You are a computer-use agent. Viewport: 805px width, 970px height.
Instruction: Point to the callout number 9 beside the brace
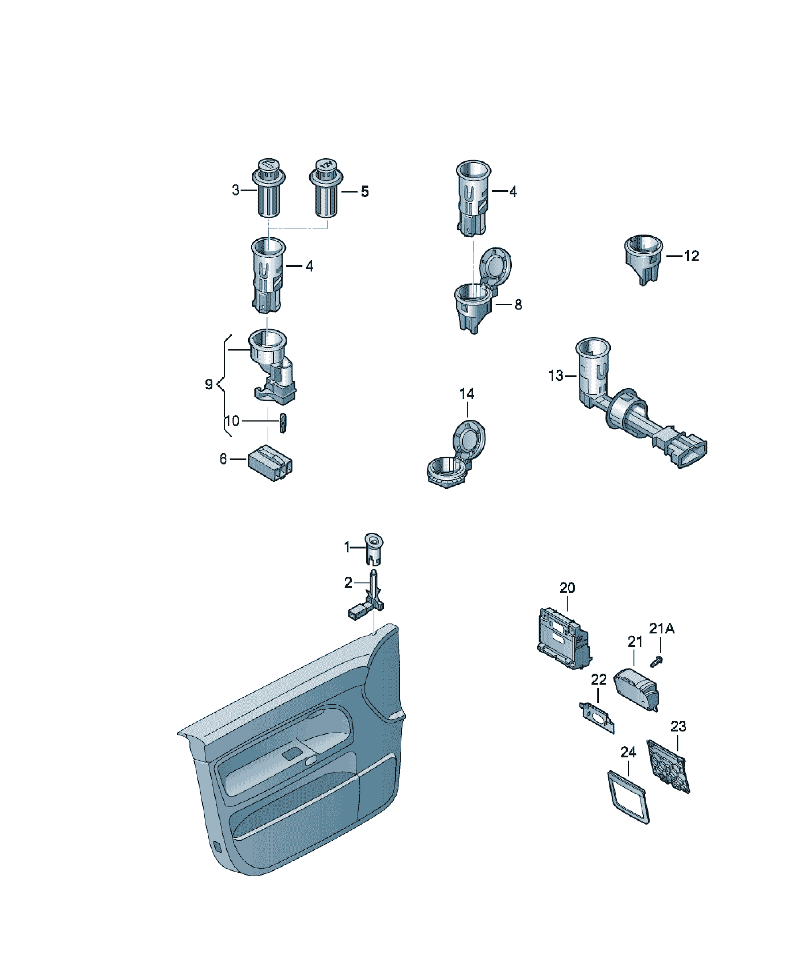coord(209,384)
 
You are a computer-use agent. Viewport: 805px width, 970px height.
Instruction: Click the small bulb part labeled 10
coord(283,423)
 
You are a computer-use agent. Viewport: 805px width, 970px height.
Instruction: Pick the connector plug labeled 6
coord(270,463)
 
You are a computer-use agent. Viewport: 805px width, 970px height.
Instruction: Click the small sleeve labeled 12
coord(643,259)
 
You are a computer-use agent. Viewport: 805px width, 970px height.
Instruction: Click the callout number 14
coord(467,394)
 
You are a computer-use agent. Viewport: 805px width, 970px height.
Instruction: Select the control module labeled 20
coord(564,638)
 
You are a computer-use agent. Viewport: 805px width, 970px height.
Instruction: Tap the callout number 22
coord(599,679)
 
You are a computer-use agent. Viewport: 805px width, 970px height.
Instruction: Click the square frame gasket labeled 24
coord(628,797)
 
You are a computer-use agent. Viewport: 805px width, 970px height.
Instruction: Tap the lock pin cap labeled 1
coord(374,549)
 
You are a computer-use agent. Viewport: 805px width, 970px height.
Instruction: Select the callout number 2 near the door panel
coord(348,583)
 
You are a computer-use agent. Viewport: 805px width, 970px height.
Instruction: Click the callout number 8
coord(518,304)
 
